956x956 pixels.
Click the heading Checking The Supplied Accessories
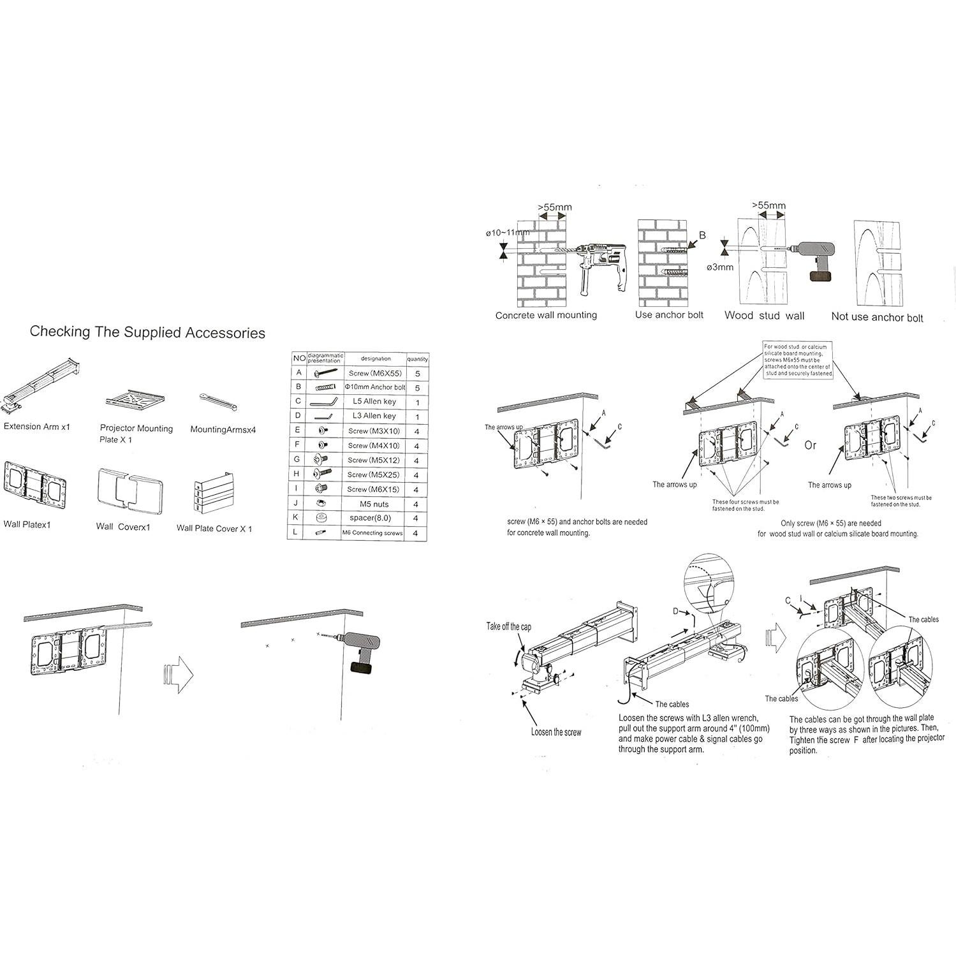point(147,332)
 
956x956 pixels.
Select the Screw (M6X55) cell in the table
point(375,373)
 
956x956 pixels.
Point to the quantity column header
point(418,359)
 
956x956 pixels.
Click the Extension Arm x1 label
point(37,427)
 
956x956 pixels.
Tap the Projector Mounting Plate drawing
point(135,399)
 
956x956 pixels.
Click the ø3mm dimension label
point(719,267)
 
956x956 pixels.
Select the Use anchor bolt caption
point(669,315)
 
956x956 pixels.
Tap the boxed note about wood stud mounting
point(798,360)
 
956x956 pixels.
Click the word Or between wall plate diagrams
point(810,445)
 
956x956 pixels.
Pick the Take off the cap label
point(508,626)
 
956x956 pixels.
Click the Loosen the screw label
point(555,732)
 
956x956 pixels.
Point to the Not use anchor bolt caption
point(877,317)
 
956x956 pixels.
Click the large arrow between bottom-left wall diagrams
point(179,674)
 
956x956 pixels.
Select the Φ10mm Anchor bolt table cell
point(375,387)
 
